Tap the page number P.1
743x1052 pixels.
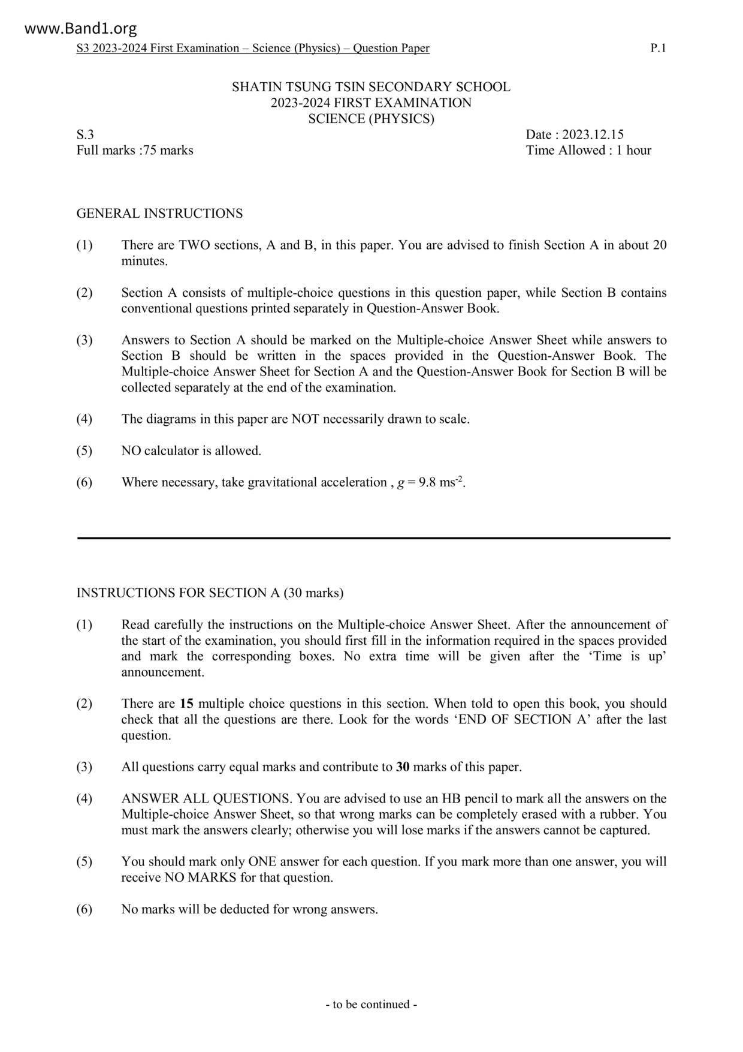pyautogui.click(x=658, y=49)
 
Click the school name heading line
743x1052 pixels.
pyautogui.click(x=371, y=87)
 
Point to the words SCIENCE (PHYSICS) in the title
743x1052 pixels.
pyautogui.click(x=371, y=119)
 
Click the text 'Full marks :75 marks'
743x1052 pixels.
pyautogui.click(x=135, y=151)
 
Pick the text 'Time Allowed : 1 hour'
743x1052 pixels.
pyautogui.click(x=588, y=151)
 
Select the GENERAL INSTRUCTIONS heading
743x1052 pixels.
pyautogui.click(x=159, y=214)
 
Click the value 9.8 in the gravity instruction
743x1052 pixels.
pyautogui.click(x=427, y=483)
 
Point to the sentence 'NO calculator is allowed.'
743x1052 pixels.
pyautogui.click(x=191, y=451)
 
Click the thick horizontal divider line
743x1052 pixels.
pyautogui.click(x=373, y=539)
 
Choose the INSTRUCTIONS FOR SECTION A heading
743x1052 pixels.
pyautogui.click(x=210, y=593)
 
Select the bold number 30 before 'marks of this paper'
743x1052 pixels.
pyautogui.click(x=403, y=767)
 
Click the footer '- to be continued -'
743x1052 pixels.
pyautogui.click(x=371, y=1005)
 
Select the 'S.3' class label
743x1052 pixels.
pyautogui.click(x=85, y=135)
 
